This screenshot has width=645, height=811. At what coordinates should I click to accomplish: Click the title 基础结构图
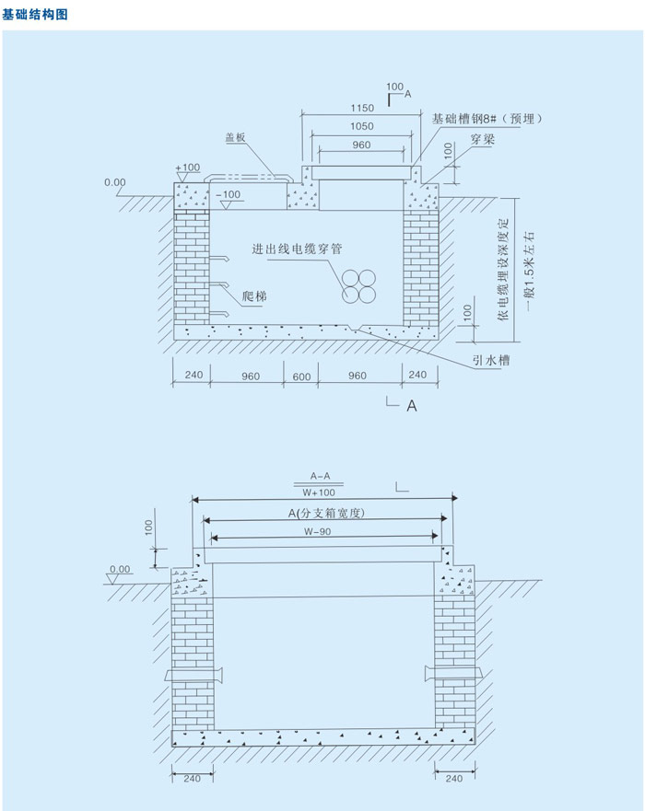(35, 14)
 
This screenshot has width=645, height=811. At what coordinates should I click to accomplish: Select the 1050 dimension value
(361, 127)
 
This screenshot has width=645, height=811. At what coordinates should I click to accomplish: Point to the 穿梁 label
(481, 141)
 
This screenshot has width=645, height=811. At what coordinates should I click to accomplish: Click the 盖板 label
(235, 137)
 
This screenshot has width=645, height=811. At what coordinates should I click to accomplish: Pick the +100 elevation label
(188, 168)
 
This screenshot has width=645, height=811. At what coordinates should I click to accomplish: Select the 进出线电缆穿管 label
(299, 249)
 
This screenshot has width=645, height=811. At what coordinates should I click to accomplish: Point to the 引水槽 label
(491, 360)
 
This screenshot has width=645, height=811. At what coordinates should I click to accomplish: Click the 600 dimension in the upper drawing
(301, 376)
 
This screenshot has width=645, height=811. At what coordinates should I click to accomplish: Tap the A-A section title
(320, 476)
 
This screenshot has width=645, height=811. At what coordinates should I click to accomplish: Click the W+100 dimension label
(320, 492)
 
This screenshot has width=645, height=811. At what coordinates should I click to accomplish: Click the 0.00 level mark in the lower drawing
(120, 569)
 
